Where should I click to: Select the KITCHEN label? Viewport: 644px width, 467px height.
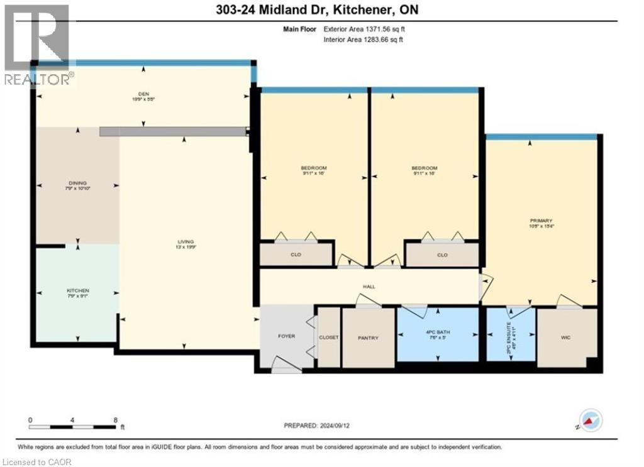(x=78, y=291)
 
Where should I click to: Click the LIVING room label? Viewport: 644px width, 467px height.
(x=184, y=242)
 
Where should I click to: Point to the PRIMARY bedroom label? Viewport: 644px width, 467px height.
(x=541, y=221)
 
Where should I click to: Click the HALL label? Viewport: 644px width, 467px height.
(x=369, y=287)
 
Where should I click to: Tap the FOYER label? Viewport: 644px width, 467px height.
(x=287, y=336)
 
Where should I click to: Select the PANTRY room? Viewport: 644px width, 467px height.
(x=368, y=338)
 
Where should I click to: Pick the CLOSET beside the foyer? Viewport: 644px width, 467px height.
(x=329, y=338)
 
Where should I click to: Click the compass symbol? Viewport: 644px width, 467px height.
(x=591, y=420)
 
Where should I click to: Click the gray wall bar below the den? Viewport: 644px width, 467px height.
(x=172, y=131)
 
